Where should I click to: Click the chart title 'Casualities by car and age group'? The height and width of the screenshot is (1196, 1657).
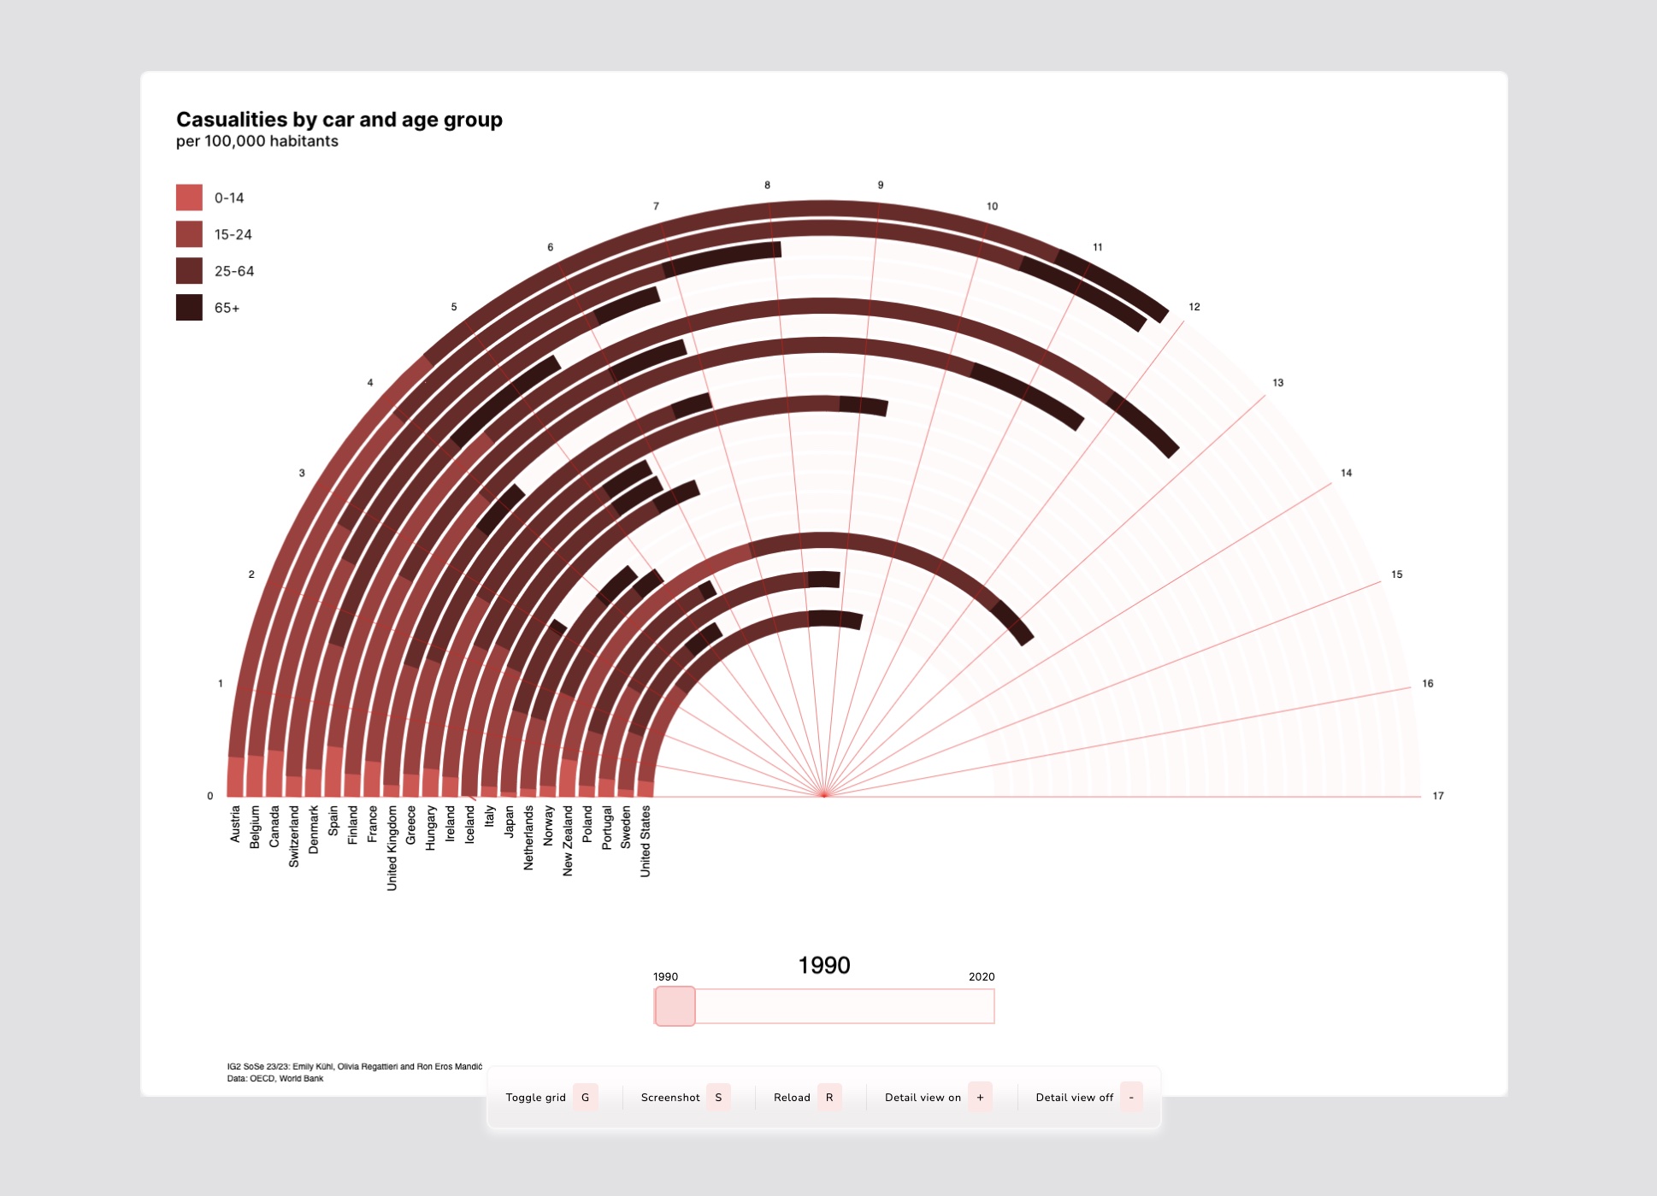tap(339, 120)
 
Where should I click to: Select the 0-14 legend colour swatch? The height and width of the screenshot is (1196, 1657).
tap(189, 197)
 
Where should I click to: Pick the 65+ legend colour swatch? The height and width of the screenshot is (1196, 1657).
tap(189, 308)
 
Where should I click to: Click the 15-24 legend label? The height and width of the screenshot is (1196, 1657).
tap(233, 234)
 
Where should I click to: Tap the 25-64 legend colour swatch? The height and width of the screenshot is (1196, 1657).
tap(189, 271)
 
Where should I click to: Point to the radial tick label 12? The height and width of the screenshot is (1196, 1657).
tap(1194, 307)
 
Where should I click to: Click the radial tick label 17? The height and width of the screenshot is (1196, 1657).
tap(1438, 796)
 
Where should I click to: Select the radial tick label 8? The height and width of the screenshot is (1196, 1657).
tap(767, 185)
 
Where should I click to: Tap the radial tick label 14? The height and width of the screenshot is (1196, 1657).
tap(1346, 473)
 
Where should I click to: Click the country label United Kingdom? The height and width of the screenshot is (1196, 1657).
tap(392, 848)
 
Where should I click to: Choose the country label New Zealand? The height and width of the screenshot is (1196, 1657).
tap(568, 840)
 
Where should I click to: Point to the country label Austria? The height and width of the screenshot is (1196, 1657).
tap(235, 824)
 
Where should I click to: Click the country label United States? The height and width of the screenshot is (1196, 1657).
tap(646, 841)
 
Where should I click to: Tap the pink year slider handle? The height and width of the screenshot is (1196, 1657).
tap(675, 1006)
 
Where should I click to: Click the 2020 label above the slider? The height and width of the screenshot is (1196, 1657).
tap(982, 976)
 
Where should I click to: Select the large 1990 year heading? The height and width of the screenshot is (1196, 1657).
tap(824, 965)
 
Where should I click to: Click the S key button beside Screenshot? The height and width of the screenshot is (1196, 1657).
tap(718, 1097)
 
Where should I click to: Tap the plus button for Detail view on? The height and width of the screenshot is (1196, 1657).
tap(980, 1097)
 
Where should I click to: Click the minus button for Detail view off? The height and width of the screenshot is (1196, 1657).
tap(1131, 1097)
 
